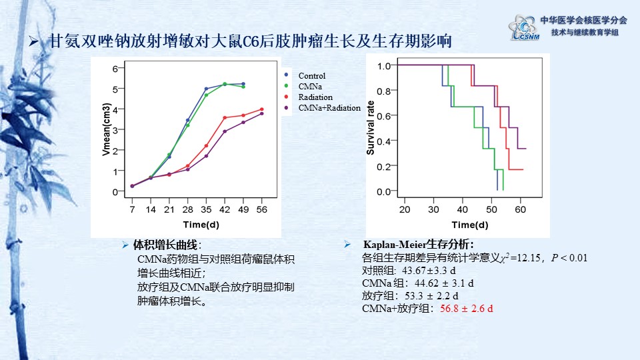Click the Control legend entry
pyautogui.click(x=311, y=76)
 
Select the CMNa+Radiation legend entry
pyautogui.click(x=325, y=107)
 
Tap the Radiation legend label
pyautogui.click(x=315, y=97)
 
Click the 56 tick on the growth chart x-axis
pyautogui.click(x=261, y=209)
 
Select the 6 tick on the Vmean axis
pyautogui.click(x=115, y=69)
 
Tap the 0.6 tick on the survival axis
pyautogui.click(x=383, y=116)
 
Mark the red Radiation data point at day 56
pyautogui.click(x=261, y=109)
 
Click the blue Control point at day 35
pyautogui.click(x=206, y=89)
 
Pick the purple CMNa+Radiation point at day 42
pyautogui.click(x=225, y=131)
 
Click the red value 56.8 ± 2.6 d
pyautogui.click(x=466, y=308)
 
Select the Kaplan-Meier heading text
pyautogui.click(x=419, y=244)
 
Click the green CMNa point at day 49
pyautogui.click(x=243, y=87)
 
